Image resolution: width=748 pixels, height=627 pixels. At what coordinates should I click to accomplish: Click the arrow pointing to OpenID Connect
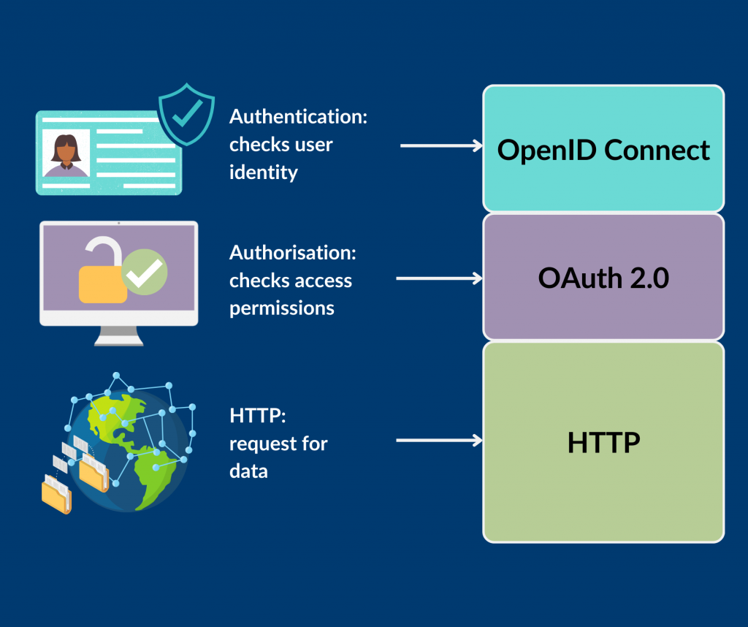(441, 146)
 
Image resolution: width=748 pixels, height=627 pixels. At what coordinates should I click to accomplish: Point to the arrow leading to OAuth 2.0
(439, 278)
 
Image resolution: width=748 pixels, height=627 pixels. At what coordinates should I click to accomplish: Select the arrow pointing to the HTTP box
(439, 440)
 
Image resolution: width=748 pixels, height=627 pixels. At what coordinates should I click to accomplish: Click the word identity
(263, 172)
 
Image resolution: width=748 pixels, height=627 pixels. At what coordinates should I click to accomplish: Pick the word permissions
(281, 308)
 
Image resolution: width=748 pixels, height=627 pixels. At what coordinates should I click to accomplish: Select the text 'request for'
(278, 444)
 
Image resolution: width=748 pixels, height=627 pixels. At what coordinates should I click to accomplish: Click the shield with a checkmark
(186, 114)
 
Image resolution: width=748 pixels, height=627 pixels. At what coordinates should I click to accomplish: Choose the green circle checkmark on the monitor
(145, 272)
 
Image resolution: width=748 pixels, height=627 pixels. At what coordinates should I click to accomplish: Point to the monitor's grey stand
(118, 335)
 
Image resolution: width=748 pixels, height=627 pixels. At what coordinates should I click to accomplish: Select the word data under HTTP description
(248, 471)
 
